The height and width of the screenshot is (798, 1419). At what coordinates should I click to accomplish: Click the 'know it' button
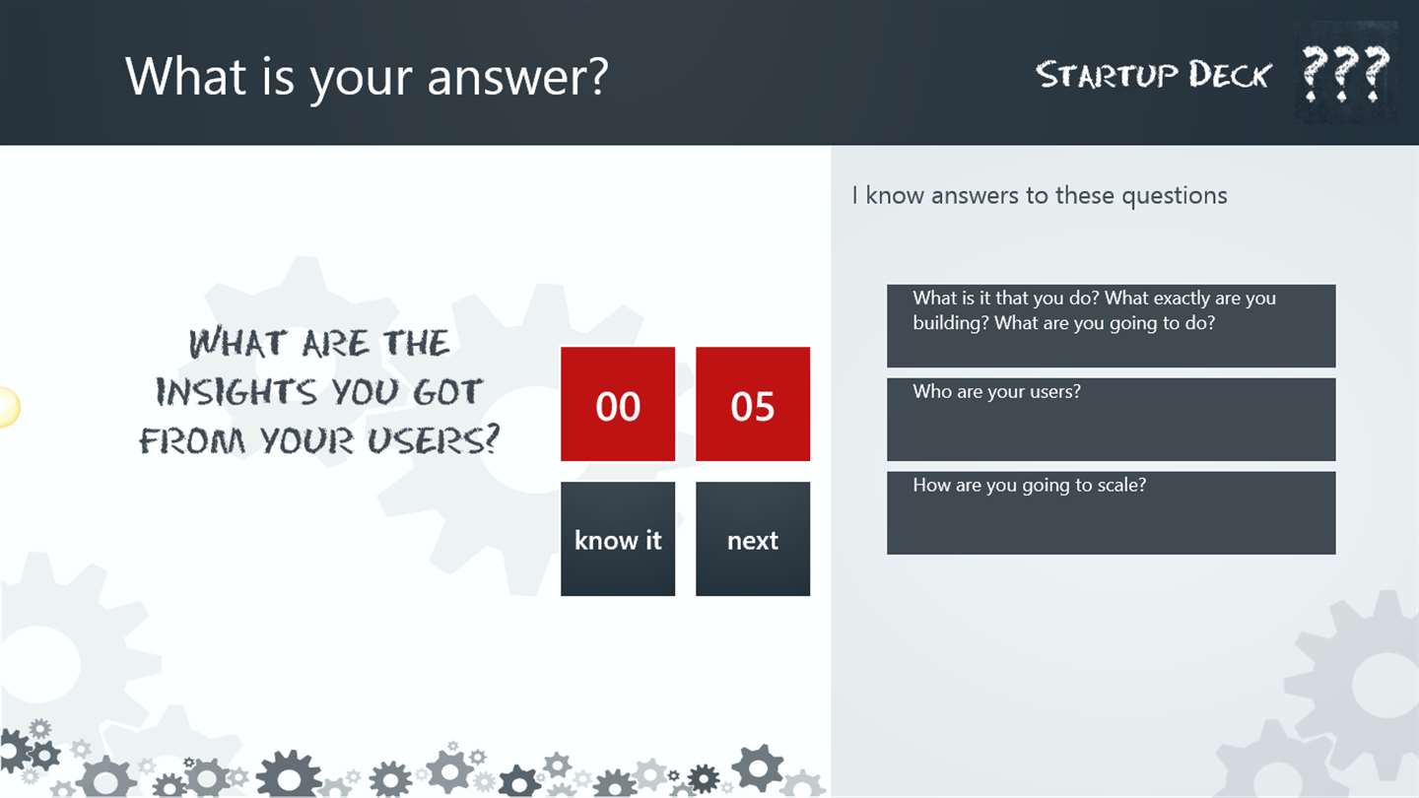(618, 539)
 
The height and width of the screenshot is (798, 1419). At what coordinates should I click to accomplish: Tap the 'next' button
(753, 539)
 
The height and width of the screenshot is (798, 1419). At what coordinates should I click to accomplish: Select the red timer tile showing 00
(618, 404)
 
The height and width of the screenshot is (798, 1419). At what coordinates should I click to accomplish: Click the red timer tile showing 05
(753, 404)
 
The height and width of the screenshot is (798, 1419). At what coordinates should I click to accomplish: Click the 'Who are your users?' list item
(1112, 420)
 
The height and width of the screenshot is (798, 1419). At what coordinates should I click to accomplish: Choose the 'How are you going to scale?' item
(1112, 513)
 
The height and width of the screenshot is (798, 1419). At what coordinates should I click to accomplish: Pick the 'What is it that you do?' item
(1112, 325)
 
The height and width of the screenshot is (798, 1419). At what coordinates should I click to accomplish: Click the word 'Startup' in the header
(1107, 75)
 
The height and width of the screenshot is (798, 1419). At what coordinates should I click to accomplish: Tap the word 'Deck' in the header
(1230, 75)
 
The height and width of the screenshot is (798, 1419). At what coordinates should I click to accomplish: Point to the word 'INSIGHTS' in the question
(236, 391)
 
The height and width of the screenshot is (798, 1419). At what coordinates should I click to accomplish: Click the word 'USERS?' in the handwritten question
(434, 440)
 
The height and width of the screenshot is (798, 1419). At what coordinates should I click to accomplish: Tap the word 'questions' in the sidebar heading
(1175, 196)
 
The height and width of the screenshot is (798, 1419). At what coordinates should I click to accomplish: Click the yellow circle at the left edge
(9, 407)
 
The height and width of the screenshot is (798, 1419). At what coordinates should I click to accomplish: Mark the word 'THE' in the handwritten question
(417, 343)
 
